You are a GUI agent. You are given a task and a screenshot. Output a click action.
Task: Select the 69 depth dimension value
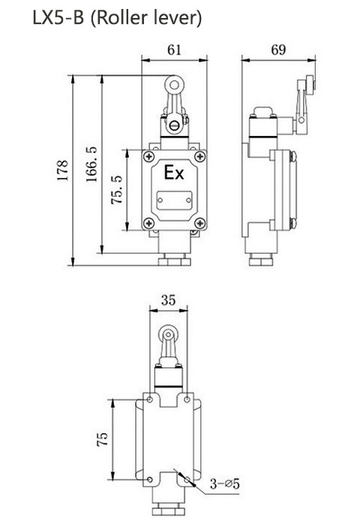[x=277, y=50]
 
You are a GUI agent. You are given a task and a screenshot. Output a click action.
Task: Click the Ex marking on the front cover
[x=174, y=174]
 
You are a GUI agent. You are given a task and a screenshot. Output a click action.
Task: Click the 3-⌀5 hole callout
[x=224, y=484]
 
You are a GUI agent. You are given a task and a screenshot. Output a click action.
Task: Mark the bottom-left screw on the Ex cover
[x=149, y=223]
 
